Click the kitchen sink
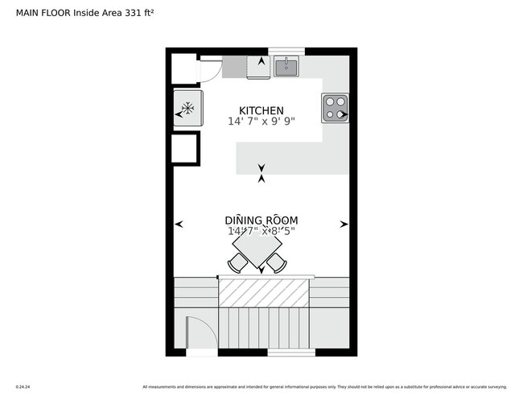[x=286, y=66]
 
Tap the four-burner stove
[x=335, y=108]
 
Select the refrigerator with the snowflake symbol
[x=187, y=109]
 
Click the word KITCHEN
[x=261, y=110]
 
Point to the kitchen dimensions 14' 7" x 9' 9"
[x=261, y=122]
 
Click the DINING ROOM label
[x=261, y=220]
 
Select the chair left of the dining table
[x=237, y=262]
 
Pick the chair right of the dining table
[x=277, y=262]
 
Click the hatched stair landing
[x=265, y=291]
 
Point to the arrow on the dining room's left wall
[x=179, y=225]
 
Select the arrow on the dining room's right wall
[x=344, y=225]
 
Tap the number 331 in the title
[x=134, y=13]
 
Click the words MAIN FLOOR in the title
[x=43, y=13]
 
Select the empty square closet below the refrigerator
[x=185, y=149]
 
